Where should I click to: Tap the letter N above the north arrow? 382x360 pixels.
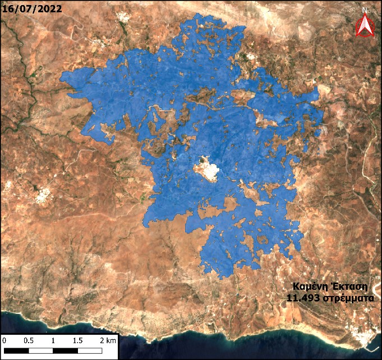point(365,10)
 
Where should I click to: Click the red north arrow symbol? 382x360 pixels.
point(365,26)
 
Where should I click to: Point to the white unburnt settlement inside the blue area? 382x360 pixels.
point(208,171)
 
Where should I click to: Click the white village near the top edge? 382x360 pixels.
point(123,17)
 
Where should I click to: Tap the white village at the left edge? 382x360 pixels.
point(41,197)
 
